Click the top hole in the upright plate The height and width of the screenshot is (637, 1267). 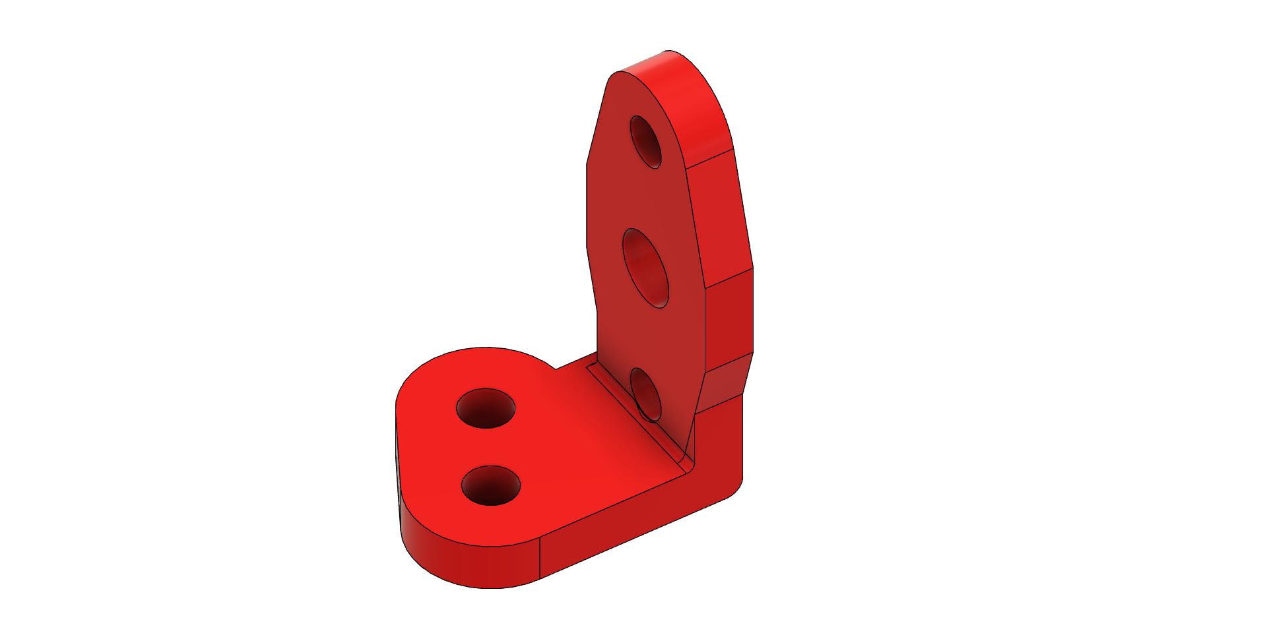click(646, 142)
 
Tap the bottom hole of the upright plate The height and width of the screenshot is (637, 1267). click(647, 393)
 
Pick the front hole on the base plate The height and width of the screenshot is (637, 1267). click(491, 486)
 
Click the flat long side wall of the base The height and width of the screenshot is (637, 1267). click(633, 534)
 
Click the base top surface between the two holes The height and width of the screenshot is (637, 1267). click(488, 447)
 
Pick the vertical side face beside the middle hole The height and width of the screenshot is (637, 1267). click(729, 317)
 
